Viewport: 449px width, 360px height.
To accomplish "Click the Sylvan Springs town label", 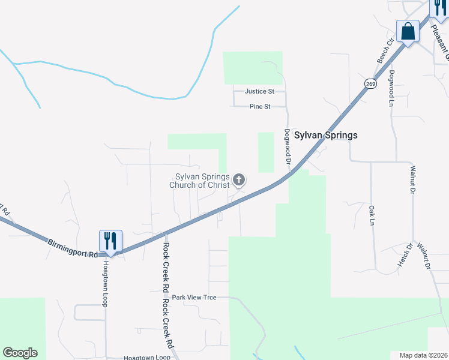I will click(325, 135).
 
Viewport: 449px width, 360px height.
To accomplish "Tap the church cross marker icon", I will click(239, 179).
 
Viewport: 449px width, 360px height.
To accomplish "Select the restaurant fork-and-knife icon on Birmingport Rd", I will click(110, 241).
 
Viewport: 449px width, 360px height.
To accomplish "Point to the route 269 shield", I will click(370, 84).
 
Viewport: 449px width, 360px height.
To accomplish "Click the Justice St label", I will click(259, 92).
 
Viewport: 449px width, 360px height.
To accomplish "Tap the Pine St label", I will click(260, 107).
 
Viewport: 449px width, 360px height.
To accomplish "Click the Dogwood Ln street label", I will click(391, 88).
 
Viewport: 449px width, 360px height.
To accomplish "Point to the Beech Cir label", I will click(384, 50).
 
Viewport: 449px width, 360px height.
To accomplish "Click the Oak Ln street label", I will click(372, 215).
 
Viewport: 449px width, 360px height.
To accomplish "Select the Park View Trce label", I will click(194, 298).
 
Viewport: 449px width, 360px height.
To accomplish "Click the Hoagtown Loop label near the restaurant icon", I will click(104, 283).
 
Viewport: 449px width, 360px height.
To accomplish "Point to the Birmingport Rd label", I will click(73, 247).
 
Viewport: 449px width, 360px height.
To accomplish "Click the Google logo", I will click(20, 353).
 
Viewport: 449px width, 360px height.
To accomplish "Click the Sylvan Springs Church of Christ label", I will click(202, 181).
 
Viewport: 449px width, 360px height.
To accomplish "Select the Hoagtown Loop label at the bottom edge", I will click(147, 358).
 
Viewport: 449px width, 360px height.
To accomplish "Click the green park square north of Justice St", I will click(253, 67).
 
